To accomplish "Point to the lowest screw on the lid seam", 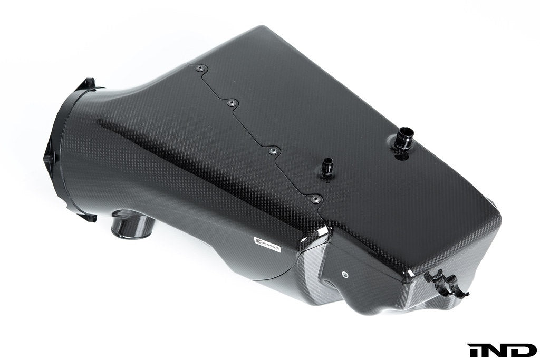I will (315, 199).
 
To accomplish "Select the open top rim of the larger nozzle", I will (407, 129).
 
